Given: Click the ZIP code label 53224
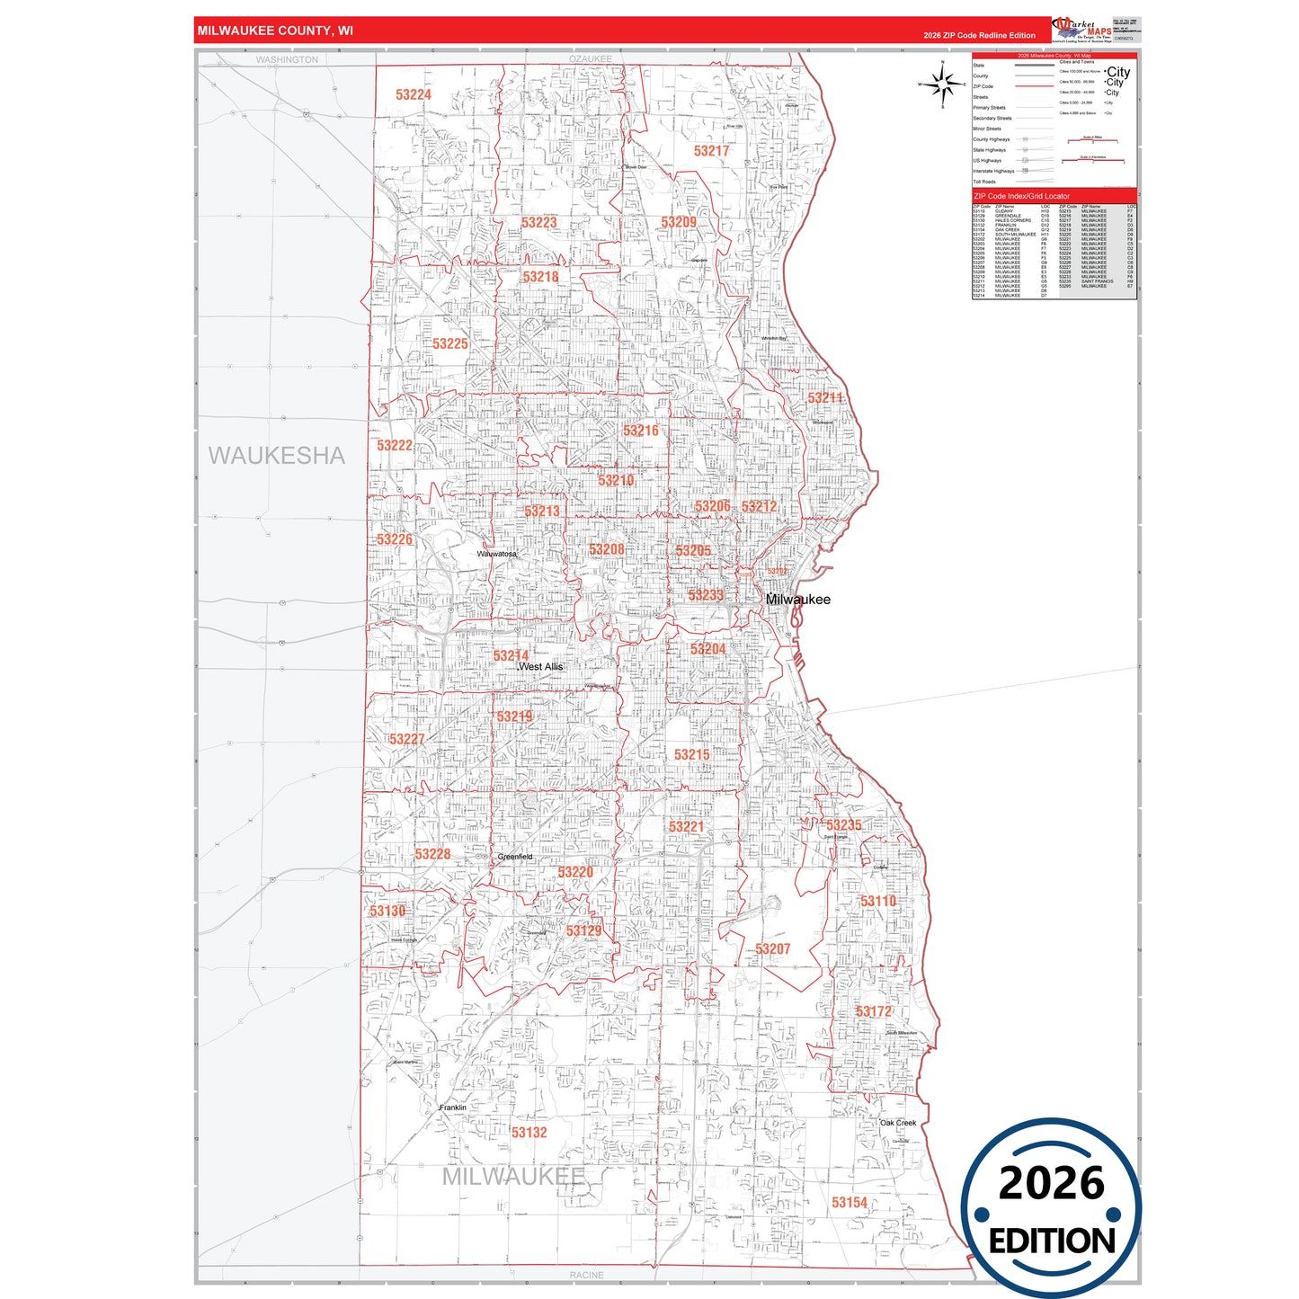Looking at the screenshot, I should click(414, 94).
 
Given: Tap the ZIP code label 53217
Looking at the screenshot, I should click(711, 151).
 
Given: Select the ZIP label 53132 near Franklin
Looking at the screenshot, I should click(529, 1133).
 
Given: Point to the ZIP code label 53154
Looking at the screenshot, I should click(850, 1203).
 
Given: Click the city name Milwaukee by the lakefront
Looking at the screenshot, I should click(798, 600).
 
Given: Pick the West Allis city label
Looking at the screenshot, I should click(541, 667).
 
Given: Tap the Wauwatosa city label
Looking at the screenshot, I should click(497, 554).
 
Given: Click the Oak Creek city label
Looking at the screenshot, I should click(898, 1123).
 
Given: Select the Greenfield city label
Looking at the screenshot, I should click(515, 857).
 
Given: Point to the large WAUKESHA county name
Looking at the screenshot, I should click(277, 456).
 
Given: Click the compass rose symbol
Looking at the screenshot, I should click(942, 85).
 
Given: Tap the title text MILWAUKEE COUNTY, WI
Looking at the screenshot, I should click(275, 31).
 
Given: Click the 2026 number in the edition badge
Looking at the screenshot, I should click(1051, 1183).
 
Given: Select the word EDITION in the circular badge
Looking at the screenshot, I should click(1052, 1241).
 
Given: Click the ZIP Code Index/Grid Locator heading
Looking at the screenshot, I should click(1022, 196).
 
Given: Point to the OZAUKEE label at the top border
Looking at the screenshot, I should click(590, 59).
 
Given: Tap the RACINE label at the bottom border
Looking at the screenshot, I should click(587, 1276).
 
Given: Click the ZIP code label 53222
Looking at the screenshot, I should click(395, 446).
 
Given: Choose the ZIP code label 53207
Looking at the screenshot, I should click(772, 949).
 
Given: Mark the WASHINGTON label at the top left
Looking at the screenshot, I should click(287, 60).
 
